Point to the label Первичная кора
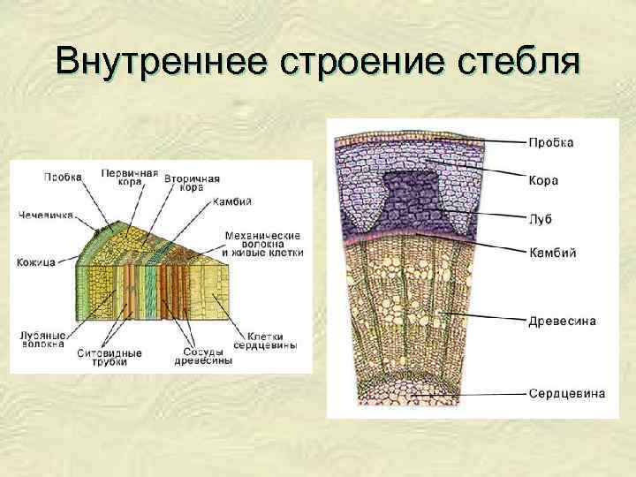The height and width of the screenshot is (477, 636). point(129,176)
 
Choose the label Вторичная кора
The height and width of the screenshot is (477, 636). point(191,181)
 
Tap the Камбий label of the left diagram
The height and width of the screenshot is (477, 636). point(232,201)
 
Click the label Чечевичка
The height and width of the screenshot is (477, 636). point(47,214)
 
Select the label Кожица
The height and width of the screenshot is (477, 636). point(36,261)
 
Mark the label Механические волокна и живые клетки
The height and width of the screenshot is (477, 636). point(263,244)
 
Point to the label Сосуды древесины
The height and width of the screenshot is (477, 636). point(203,356)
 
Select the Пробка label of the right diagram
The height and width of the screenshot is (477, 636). point(551,142)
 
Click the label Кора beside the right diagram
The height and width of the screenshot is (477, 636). point(544,180)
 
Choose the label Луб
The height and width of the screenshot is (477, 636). point(541,215)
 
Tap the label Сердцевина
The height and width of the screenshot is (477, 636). point(566,392)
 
